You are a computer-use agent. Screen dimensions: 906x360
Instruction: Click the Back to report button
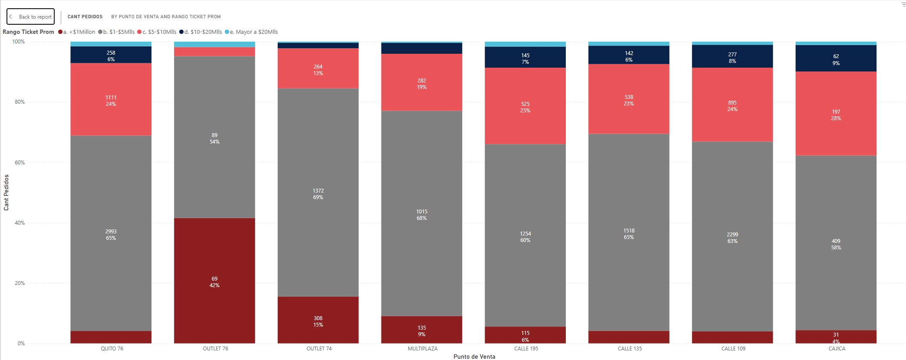pyautogui.click(x=30, y=16)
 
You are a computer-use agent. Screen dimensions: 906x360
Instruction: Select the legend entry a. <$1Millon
pyautogui.click(x=77, y=32)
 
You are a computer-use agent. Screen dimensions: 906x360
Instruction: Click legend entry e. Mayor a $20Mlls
pyautogui.click(x=251, y=32)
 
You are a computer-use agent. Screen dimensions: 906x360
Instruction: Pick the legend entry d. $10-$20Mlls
pyautogui.click(x=200, y=32)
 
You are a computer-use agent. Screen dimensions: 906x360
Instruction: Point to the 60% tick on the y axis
pyautogui.click(x=20, y=163)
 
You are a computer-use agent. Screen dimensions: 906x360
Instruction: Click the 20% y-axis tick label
pyautogui.click(x=20, y=283)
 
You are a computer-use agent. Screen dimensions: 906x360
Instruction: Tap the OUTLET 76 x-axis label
pyautogui.click(x=215, y=349)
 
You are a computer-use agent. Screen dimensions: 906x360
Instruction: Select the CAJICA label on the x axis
pyautogui.click(x=837, y=349)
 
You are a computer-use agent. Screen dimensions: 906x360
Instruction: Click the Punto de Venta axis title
pyautogui.click(x=474, y=357)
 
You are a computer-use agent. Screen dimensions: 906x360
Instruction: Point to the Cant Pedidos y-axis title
pyautogui.click(x=6, y=193)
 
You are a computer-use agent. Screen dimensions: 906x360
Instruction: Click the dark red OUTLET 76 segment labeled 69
pyautogui.click(x=214, y=281)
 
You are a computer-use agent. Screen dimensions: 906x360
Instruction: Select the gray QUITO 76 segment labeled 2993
pyautogui.click(x=111, y=233)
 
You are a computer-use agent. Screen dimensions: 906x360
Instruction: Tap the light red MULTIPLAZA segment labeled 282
pyautogui.click(x=422, y=82)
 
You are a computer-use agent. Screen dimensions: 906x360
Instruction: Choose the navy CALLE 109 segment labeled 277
pyautogui.click(x=732, y=56)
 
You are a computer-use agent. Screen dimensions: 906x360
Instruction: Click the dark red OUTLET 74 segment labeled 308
pyautogui.click(x=318, y=320)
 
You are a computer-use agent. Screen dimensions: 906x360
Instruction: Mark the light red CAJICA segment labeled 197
pyautogui.click(x=836, y=114)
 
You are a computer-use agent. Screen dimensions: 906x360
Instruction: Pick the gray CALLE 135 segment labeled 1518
pyautogui.click(x=629, y=232)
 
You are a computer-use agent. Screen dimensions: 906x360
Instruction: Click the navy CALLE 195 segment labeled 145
pyautogui.click(x=525, y=57)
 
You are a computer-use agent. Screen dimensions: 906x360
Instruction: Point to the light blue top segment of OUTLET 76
pyautogui.click(x=214, y=45)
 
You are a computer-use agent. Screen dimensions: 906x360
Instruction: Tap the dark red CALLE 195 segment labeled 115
pyautogui.click(x=525, y=335)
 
